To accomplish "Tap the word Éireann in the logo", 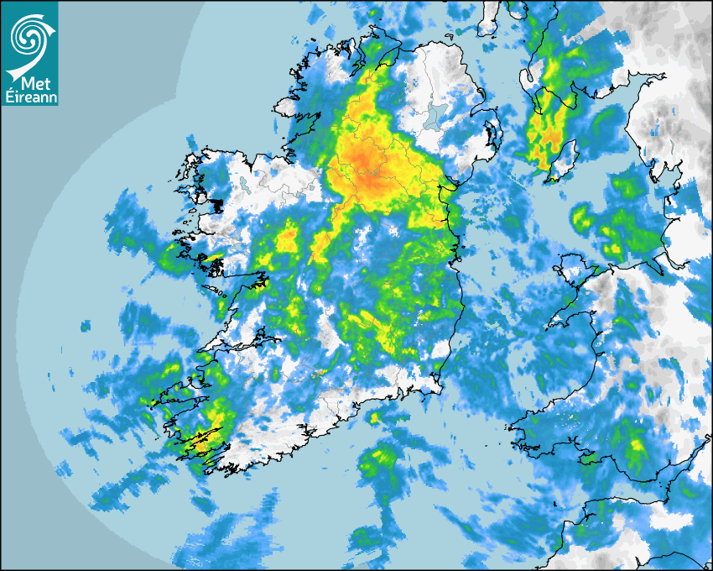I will pyautogui.click(x=29, y=97).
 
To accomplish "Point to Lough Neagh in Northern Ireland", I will pyautogui.click(x=433, y=115).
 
